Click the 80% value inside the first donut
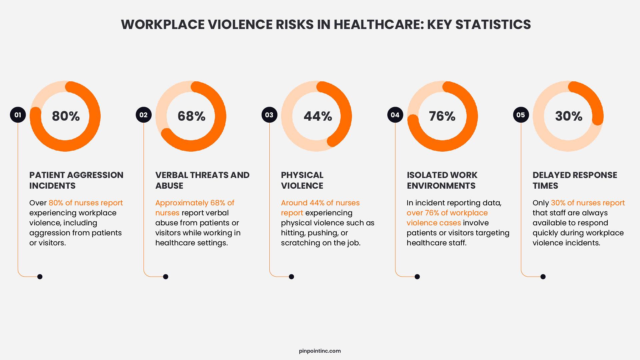tap(66, 116)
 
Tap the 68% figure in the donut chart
tap(191, 116)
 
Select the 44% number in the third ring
tap(318, 116)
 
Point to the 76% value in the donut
tap(442, 116)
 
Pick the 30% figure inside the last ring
tap(569, 116)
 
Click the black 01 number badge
tap(18, 115)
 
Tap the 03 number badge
tap(269, 115)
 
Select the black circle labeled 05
tap(521, 115)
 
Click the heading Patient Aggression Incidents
tap(76, 180)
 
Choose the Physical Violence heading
tap(302, 180)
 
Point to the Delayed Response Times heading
tap(575, 180)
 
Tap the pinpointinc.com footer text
tap(320, 351)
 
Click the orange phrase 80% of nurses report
tap(86, 203)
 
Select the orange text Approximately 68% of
tap(195, 203)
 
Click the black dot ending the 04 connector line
tap(417, 277)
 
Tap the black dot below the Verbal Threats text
tap(166, 277)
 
